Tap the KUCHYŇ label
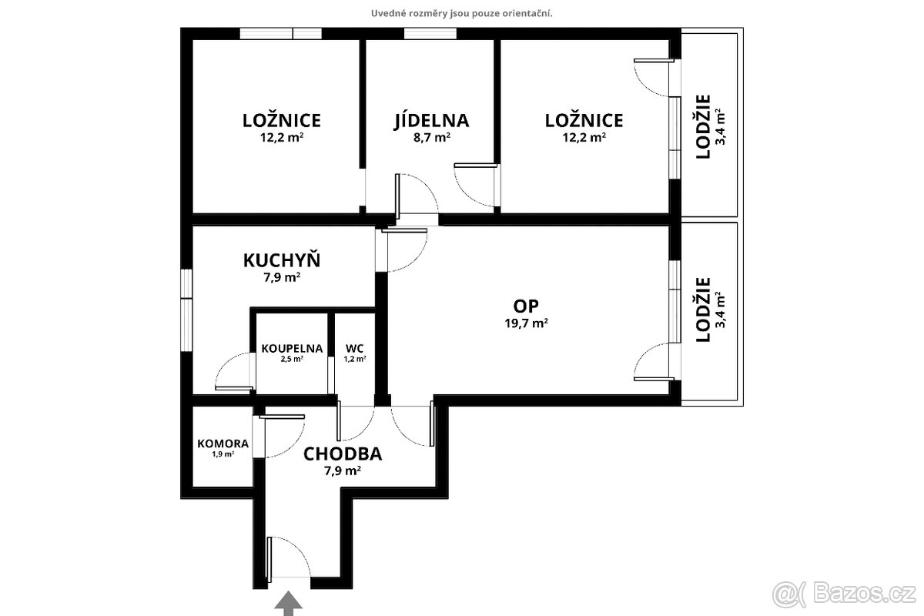[282, 260]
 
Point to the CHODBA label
[343, 453]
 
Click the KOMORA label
[223, 444]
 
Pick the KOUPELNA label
[292, 348]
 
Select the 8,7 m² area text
[431, 138]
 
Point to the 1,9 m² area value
[223, 454]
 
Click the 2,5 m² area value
[292, 359]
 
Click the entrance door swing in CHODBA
[290, 557]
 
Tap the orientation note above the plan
[462, 13]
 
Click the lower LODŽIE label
[702, 310]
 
